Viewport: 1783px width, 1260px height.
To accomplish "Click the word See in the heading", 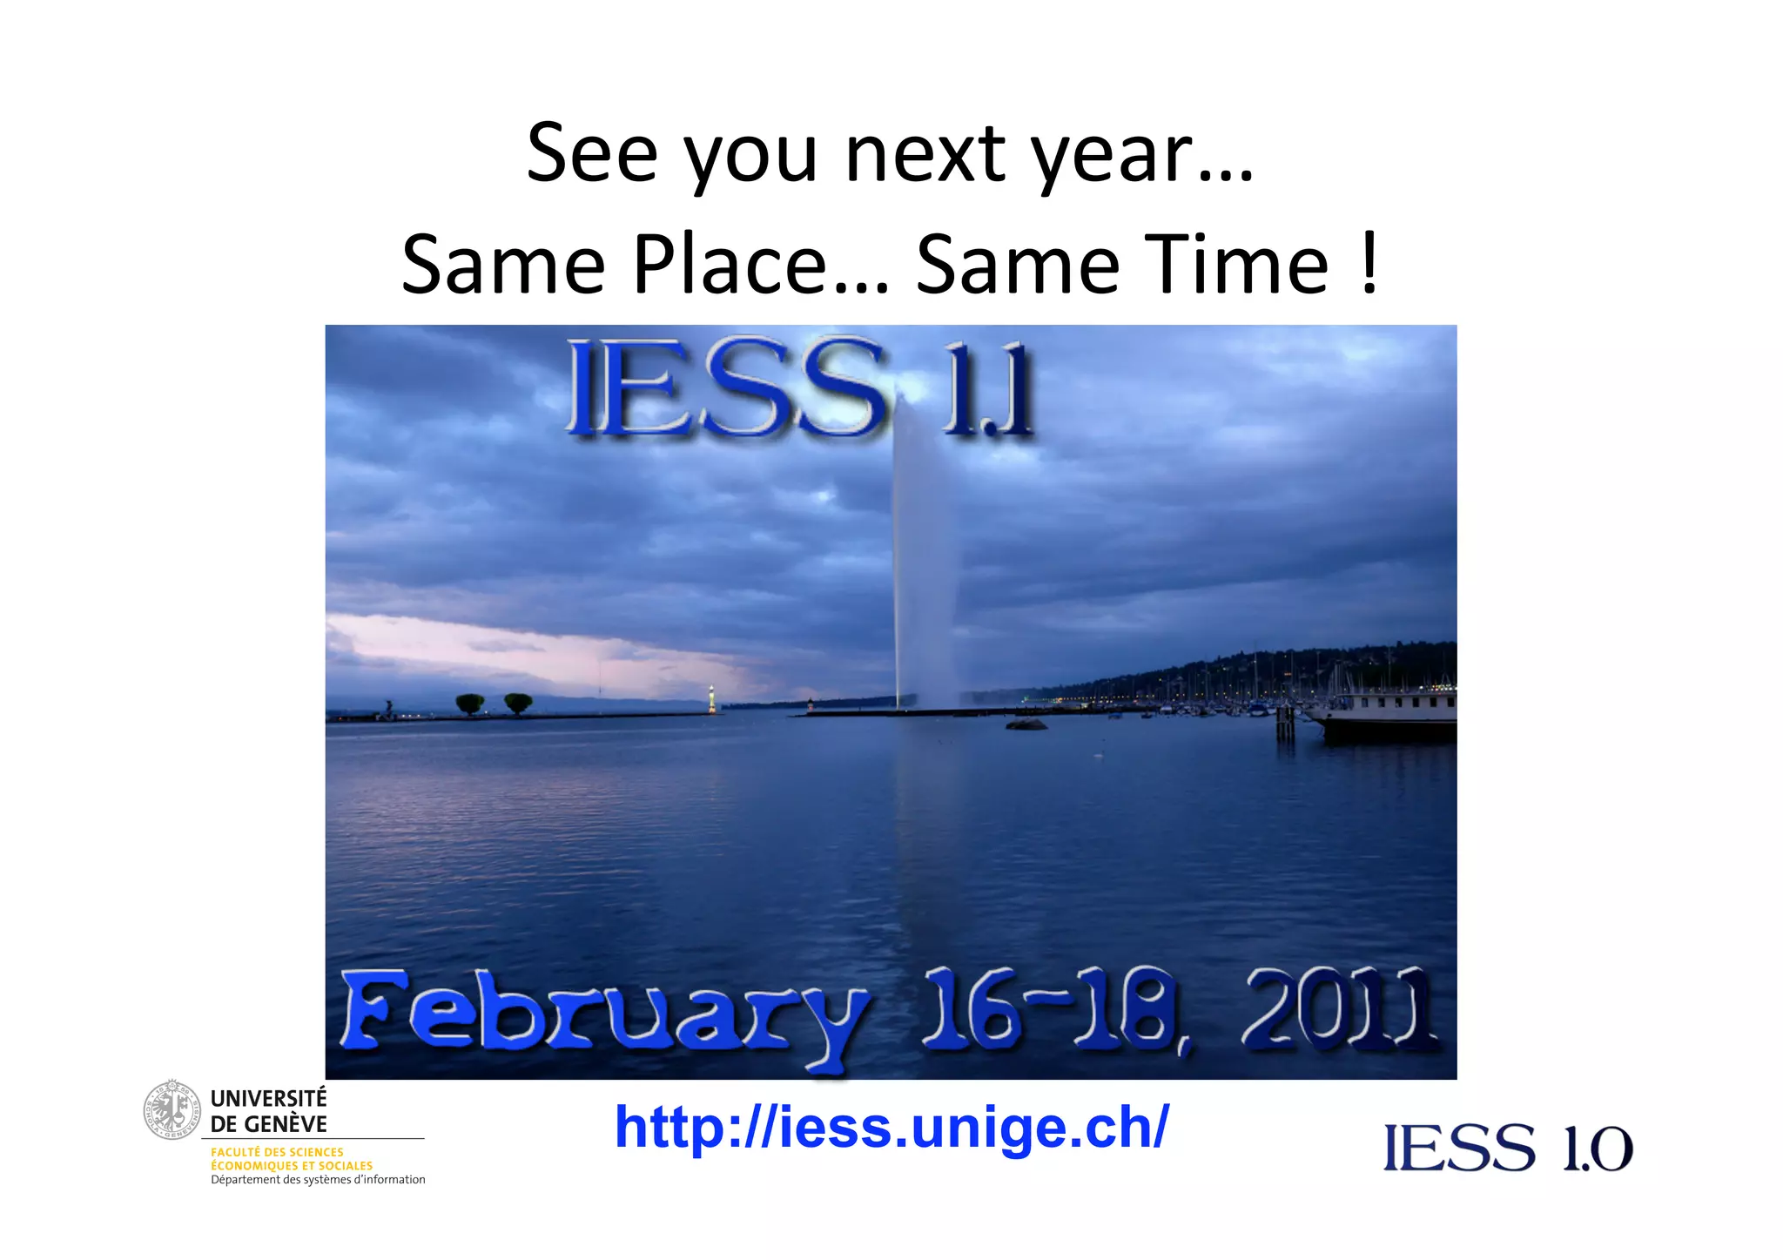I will [592, 154].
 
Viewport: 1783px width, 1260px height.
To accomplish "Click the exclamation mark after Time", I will [1369, 263].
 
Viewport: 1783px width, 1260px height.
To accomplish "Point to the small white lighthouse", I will [711, 697].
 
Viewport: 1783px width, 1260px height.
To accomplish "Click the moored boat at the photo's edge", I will [1384, 716].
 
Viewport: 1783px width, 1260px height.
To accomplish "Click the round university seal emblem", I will [172, 1109].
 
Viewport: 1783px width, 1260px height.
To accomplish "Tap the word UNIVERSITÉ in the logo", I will [268, 1099].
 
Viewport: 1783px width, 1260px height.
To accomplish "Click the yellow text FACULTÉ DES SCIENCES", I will [277, 1152].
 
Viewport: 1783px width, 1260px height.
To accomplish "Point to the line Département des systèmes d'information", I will [318, 1180].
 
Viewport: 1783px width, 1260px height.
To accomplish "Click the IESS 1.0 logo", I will [1508, 1149].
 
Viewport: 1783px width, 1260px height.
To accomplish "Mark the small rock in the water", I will [1026, 724].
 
